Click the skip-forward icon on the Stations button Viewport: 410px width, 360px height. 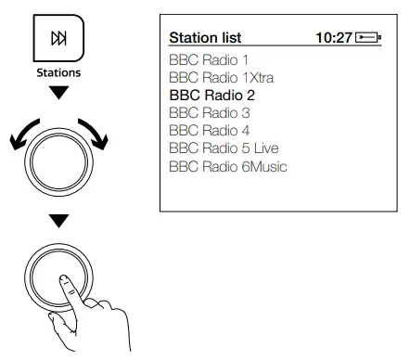point(58,38)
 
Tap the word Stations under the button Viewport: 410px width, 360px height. point(58,72)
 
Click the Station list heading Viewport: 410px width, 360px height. point(205,38)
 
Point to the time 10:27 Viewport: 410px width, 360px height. point(334,38)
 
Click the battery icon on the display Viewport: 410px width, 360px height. point(368,38)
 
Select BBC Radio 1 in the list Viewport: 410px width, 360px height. point(209,59)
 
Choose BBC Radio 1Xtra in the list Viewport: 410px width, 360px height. point(222,77)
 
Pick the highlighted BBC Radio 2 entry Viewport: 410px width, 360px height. point(212,95)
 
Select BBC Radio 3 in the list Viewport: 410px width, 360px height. point(210,112)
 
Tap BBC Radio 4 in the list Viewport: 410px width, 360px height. point(210,130)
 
